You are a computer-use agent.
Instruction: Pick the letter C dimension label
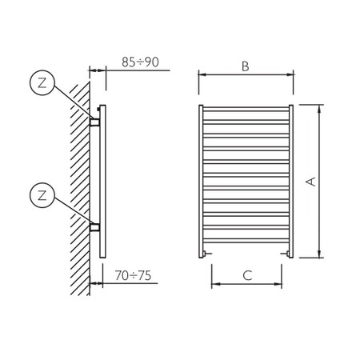(247, 276)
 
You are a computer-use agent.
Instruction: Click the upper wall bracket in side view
(94, 122)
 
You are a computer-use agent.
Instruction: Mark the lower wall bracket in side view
(94, 226)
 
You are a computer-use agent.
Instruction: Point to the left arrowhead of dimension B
(201, 75)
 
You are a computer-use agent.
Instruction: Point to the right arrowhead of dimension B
(290, 75)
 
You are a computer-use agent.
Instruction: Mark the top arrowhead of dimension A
(320, 107)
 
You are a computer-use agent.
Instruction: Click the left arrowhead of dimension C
(214, 285)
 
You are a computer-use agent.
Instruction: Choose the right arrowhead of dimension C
(280, 285)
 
